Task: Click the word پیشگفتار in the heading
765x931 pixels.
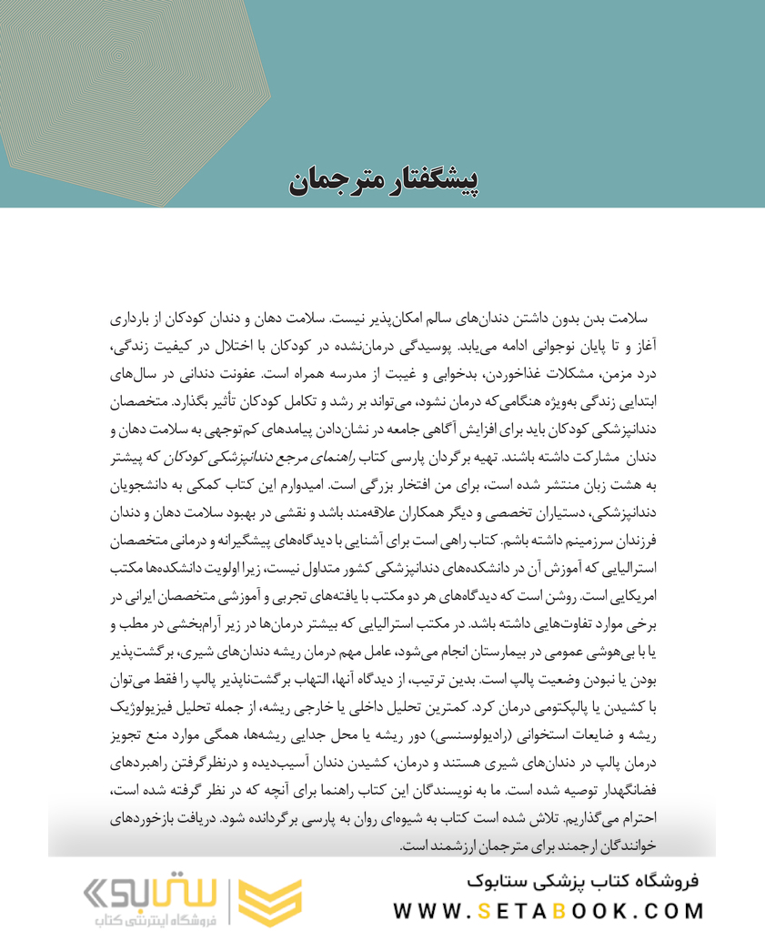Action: pyautogui.click(x=428, y=178)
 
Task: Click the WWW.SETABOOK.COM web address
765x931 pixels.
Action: pyautogui.click(x=549, y=910)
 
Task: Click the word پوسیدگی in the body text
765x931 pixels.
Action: pyautogui.click(x=477, y=347)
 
